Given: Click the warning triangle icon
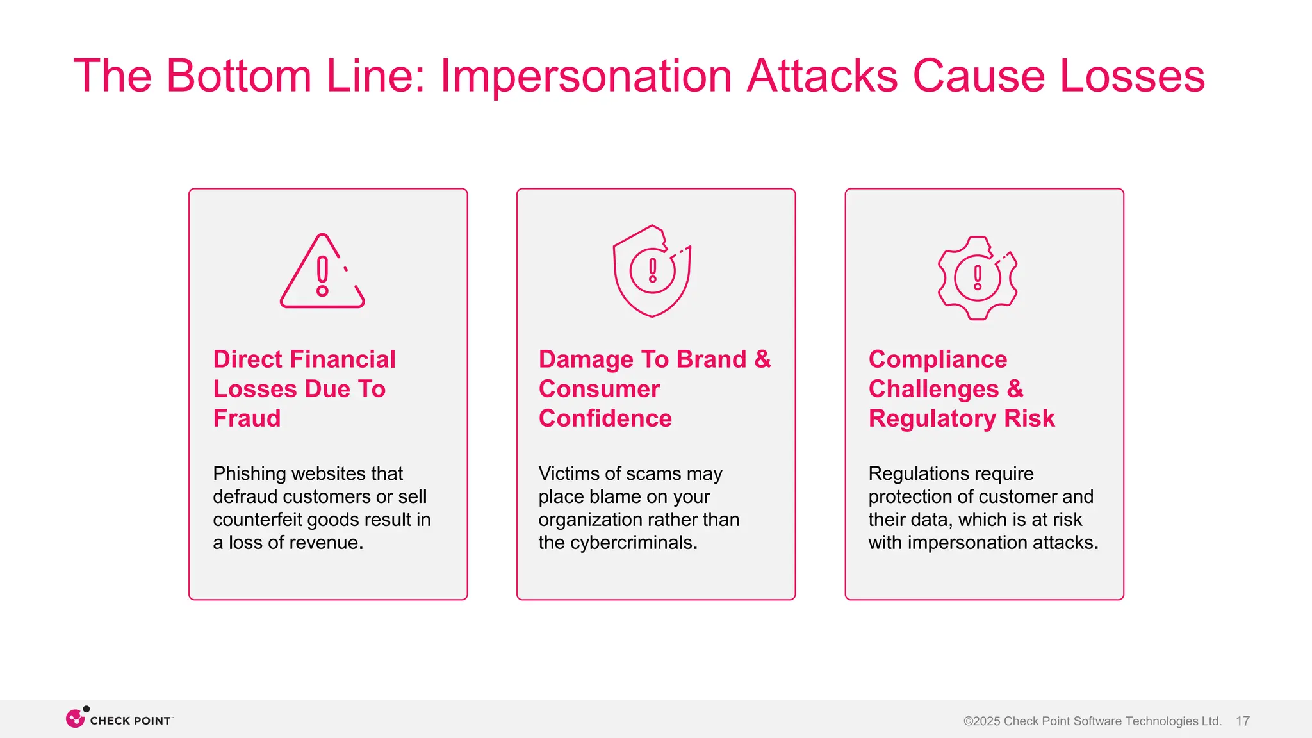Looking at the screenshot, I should pos(322,272).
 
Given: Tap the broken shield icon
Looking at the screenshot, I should pos(652,271).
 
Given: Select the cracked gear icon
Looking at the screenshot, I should pos(978,278).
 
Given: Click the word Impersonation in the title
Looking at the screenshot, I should pos(586,76).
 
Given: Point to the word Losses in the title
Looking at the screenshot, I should pos(1132,76).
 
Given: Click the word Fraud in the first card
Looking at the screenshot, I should pos(247,418).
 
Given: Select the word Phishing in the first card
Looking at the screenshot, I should pos(249,473).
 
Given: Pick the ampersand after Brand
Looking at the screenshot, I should pos(762,359).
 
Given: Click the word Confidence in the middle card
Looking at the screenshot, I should pos(605,418).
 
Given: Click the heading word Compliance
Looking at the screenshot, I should pos(937,359).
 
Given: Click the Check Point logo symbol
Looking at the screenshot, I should pos(76,719).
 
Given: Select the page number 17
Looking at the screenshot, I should pos(1242,721).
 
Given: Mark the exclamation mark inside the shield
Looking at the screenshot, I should pos(652,270).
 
